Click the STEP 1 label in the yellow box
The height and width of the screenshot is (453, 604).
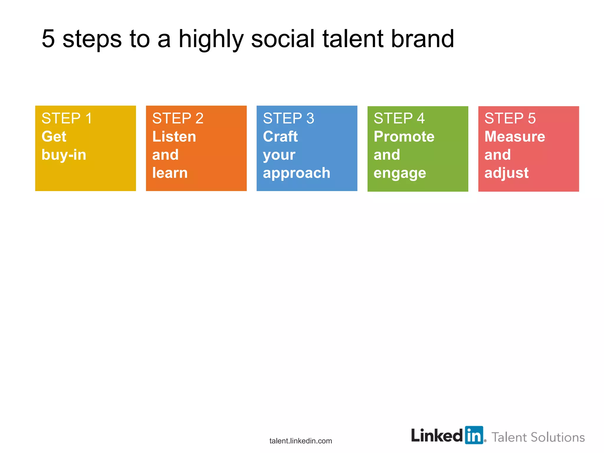(67, 119)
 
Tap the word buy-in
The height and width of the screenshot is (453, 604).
(64, 155)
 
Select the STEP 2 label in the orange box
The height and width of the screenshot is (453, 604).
(178, 119)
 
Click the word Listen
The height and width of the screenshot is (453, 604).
(174, 137)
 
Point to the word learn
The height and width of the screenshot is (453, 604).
(170, 173)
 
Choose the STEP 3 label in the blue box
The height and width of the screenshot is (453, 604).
(288, 119)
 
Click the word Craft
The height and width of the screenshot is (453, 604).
(280, 137)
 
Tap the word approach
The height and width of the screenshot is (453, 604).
(296, 173)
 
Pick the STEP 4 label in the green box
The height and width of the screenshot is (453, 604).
(399, 119)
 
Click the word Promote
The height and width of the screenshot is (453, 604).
(404, 137)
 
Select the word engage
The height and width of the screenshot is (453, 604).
(400, 173)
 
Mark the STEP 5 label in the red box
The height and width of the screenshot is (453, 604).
(510, 119)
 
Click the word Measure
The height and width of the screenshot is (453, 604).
(515, 137)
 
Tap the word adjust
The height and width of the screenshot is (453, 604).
(506, 173)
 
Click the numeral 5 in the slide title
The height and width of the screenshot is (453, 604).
(48, 39)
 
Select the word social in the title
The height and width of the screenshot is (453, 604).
(283, 39)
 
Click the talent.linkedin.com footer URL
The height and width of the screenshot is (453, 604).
(301, 441)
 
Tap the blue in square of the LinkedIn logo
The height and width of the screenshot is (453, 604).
(474, 435)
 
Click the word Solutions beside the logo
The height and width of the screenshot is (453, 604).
(557, 437)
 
